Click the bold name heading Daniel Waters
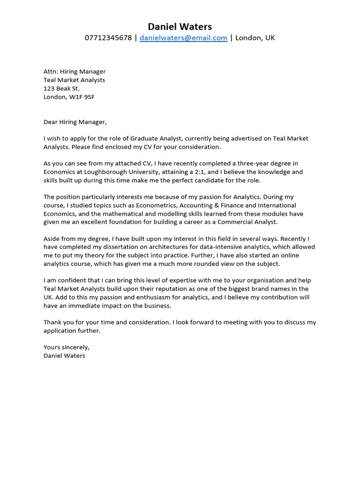(x=180, y=26)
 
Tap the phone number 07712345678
(x=108, y=38)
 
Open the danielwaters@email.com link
(x=183, y=38)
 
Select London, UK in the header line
(x=255, y=38)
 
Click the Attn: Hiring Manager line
(x=75, y=72)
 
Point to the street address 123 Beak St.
(x=61, y=89)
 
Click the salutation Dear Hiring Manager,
(x=75, y=122)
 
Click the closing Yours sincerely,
(x=66, y=347)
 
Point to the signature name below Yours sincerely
(x=64, y=356)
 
